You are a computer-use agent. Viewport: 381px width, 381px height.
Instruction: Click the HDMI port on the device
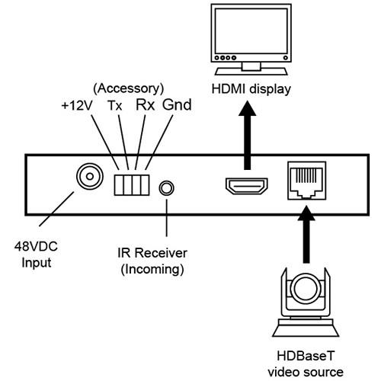pyautogui.click(x=247, y=186)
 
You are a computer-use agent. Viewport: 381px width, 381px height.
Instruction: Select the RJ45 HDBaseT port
pyautogui.click(x=306, y=181)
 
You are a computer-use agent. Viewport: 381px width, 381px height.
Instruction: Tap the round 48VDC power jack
pyautogui.click(x=90, y=176)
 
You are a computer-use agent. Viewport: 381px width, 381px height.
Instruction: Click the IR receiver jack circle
pyautogui.click(x=166, y=188)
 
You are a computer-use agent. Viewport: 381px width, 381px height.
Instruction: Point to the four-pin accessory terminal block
pyautogui.click(x=132, y=185)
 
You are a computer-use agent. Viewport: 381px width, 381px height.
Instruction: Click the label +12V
pyautogui.click(x=77, y=106)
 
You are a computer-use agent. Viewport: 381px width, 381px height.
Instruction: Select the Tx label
pyautogui.click(x=115, y=106)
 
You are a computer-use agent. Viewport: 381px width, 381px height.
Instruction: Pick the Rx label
pyautogui.click(x=145, y=104)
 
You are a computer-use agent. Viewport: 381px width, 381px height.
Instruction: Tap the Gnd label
pyautogui.click(x=177, y=104)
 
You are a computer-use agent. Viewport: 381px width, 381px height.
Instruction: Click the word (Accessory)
pyautogui.click(x=129, y=89)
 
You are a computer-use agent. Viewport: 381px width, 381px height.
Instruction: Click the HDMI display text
pyautogui.click(x=251, y=89)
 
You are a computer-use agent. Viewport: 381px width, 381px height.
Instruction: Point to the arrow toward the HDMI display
pyautogui.click(x=247, y=136)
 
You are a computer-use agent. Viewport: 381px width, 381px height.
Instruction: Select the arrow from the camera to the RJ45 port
pyautogui.click(x=306, y=234)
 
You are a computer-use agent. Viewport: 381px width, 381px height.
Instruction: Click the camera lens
pyautogui.click(x=306, y=289)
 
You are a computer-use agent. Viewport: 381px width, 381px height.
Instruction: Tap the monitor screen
pyautogui.click(x=251, y=31)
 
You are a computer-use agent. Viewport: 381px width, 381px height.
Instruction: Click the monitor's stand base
pyautogui.click(x=251, y=71)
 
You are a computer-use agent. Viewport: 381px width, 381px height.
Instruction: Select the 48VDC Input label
pyautogui.click(x=36, y=255)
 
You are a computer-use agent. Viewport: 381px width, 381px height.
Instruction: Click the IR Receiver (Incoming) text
pyautogui.click(x=152, y=261)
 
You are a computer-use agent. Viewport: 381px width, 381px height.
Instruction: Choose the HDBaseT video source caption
pyautogui.click(x=306, y=363)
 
